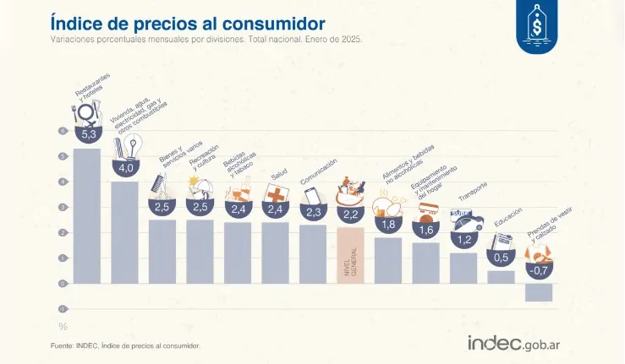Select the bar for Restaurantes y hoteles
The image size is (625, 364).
[86, 216]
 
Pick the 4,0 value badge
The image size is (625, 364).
[125, 168]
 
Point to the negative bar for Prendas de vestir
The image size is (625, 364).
[539, 292]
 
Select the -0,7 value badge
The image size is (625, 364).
[539, 270]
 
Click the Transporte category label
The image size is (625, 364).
[474, 192]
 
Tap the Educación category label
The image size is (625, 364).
[508, 217]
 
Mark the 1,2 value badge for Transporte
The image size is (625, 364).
[463, 240]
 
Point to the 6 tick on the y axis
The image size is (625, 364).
[62, 131]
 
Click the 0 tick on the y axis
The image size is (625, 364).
[62, 284]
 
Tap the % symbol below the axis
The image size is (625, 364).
[62, 327]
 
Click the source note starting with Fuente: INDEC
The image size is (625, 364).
[126, 345]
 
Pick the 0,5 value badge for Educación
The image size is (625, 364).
[502, 258]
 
